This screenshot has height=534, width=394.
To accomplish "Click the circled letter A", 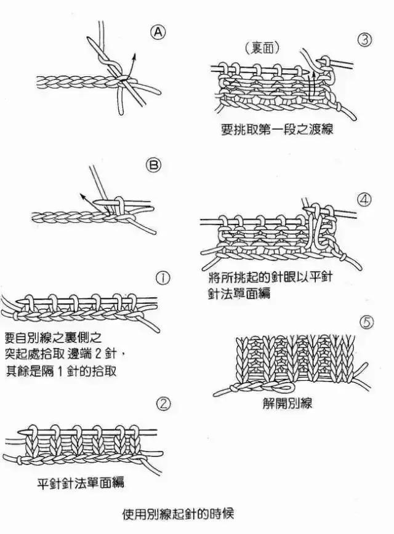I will pos(158,33).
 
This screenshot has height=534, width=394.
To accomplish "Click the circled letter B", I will pos(153,164).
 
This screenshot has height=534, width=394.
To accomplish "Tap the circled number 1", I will pos(163,278).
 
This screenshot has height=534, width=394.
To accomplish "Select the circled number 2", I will pos(163,404).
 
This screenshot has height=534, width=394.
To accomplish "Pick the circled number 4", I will pos(364,201).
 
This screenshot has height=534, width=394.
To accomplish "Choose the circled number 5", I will pos(365,322).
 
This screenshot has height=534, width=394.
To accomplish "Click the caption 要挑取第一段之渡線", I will pos(277,130).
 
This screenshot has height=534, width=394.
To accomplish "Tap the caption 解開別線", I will pos(287,404).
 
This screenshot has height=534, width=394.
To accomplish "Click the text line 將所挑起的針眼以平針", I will pos(268,277).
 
